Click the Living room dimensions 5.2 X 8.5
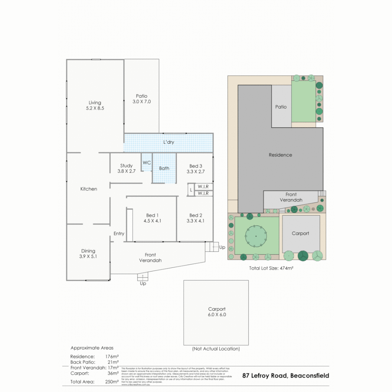click(95, 108)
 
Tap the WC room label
click(147, 163)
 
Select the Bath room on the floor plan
click(164, 168)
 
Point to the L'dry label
click(168, 142)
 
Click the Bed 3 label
click(196, 166)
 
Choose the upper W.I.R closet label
click(203, 187)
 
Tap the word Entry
click(119, 234)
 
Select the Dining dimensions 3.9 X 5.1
click(88, 256)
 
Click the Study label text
click(126, 166)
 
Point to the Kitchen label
click(89, 189)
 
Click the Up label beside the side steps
click(222, 248)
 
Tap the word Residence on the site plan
click(280, 155)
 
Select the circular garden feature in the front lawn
click(256, 236)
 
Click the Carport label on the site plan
click(301, 233)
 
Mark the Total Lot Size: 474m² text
click(271, 269)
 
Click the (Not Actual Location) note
click(216, 349)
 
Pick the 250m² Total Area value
click(112, 382)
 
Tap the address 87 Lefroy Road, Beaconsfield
click(285, 376)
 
